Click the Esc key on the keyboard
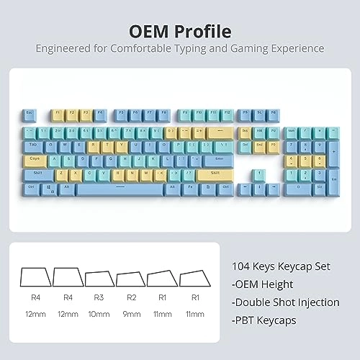tap(30, 114)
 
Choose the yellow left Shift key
tap(37, 173)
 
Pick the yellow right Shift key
tap(215, 173)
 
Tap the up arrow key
tap(259, 174)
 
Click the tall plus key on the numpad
tap(333, 151)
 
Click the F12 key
tap(227, 114)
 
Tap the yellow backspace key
tap(218, 132)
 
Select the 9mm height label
tap(131, 315)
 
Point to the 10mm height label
tap(99, 315)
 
